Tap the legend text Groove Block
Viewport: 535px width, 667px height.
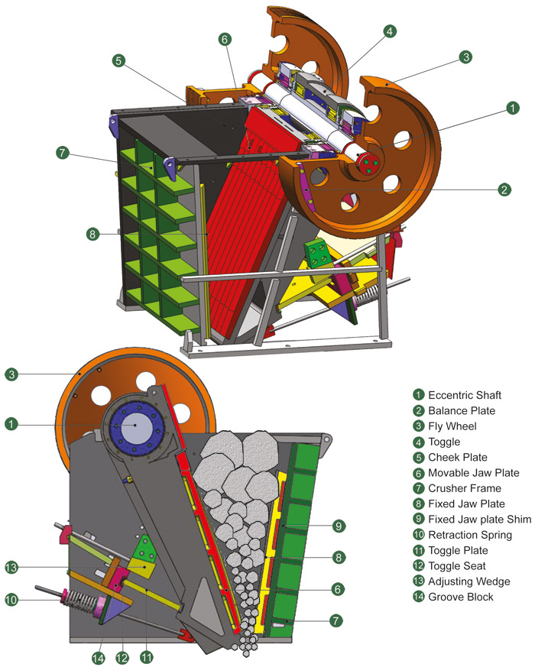click(x=461, y=596)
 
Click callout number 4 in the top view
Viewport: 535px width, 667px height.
click(x=390, y=31)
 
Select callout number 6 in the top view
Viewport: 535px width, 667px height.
click(x=224, y=38)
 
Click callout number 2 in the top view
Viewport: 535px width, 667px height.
click(x=503, y=189)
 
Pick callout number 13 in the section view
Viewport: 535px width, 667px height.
click(x=11, y=567)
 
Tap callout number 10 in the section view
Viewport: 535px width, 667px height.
click(x=11, y=601)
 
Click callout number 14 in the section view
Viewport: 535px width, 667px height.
click(x=99, y=657)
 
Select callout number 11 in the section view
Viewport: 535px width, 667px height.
click(x=147, y=657)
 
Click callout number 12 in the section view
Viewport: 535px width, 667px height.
click(x=123, y=657)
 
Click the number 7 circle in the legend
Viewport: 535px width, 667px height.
click(x=418, y=488)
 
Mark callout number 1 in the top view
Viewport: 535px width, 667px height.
click(x=511, y=108)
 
